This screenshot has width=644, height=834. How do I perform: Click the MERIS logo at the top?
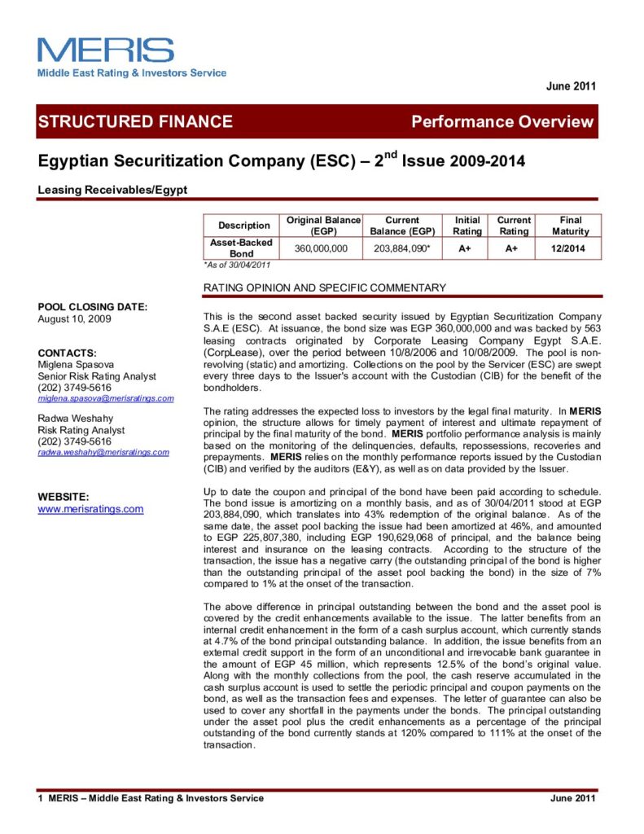tap(106, 50)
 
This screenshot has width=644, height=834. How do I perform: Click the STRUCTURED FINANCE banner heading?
tap(135, 122)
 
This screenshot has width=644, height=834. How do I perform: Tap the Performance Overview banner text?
tap(502, 122)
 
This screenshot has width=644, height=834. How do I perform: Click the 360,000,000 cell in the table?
tap(321, 248)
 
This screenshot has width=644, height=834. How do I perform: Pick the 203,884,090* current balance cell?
tap(402, 248)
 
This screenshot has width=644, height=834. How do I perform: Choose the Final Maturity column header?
tap(571, 226)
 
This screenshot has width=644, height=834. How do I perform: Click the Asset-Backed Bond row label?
tap(241, 248)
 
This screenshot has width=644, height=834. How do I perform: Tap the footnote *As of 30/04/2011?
tap(236, 265)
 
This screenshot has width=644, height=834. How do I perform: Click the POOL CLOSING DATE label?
tap(93, 307)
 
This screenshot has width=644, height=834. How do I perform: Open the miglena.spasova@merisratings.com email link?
tap(106, 398)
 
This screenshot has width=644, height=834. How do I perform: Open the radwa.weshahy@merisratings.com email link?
tap(103, 452)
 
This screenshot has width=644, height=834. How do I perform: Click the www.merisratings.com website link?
tap(91, 509)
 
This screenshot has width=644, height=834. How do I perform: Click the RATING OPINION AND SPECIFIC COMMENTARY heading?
tap(324, 288)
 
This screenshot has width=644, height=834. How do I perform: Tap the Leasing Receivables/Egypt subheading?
tap(112, 189)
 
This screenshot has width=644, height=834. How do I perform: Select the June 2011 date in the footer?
tap(574, 798)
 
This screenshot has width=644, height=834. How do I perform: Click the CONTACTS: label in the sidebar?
tap(68, 353)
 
